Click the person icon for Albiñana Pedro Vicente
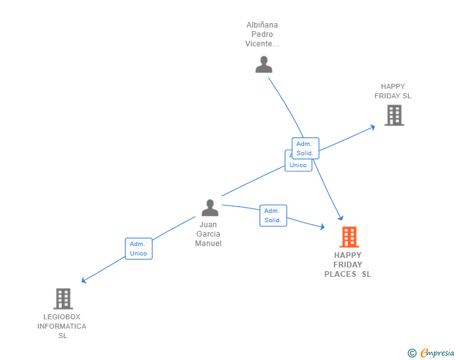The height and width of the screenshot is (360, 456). tap(264, 64)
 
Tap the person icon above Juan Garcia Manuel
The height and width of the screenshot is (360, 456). tap(210, 207)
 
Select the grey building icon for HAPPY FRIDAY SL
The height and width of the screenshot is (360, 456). tap(394, 115)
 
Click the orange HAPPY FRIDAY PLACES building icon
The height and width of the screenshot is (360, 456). tap(349, 237)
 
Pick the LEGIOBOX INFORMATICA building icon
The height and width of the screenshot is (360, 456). tap(63, 299)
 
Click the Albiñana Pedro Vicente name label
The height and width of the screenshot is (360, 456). tap(262, 34)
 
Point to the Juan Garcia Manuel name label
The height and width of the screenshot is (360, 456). tap(209, 234)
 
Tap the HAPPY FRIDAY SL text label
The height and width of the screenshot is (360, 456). tap(393, 91)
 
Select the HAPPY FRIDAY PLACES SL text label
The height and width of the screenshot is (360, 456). tap(348, 264)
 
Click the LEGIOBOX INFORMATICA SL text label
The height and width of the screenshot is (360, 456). tap(62, 326)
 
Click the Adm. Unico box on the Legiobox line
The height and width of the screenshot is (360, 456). tap(138, 249)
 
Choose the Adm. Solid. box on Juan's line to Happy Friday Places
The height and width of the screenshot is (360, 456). tap(273, 215)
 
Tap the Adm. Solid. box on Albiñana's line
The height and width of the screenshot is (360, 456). tap(305, 148)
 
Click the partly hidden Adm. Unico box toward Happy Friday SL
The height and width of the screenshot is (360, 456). tap(298, 165)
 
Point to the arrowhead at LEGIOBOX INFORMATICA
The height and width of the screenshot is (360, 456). tap(83, 281)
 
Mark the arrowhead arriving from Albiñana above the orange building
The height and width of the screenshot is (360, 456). tap(341, 218)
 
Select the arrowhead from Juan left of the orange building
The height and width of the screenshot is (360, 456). tap(322, 227)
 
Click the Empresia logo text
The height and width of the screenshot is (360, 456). tap(437, 353)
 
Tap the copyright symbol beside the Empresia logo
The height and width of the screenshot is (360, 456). tap(412, 353)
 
